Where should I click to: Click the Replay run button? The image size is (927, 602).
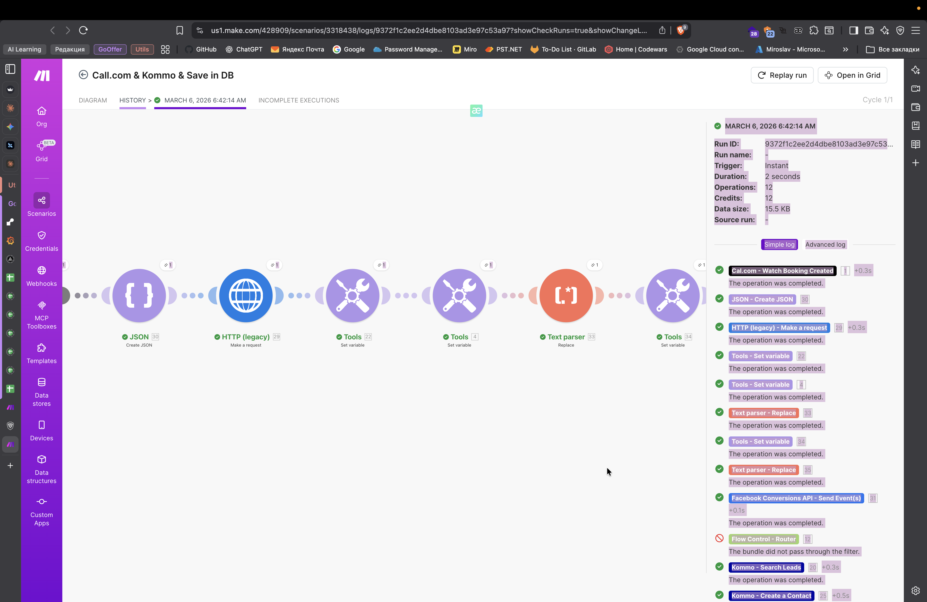pyautogui.click(x=782, y=75)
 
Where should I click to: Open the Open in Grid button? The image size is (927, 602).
pyautogui.click(x=852, y=75)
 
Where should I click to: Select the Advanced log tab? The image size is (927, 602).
pyautogui.click(x=825, y=245)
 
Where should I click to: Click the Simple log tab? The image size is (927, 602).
pyautogui.click(x=779, y=245)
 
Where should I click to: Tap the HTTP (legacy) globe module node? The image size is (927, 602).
pyautogui.click(x=246, y=296)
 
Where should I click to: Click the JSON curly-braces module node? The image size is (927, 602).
pyautogui.click(x=139, y=296)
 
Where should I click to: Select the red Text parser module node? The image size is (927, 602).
pyautogui.click(x=566, y=296)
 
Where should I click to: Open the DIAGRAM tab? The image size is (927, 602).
pyautogui.click(x=93, y=100)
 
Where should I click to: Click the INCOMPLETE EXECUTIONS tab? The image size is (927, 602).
pyautogui.click(x=298, y=100)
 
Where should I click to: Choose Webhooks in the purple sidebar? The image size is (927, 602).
pyautogui.click(x=42, y=276)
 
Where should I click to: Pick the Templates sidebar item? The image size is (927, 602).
pyautogui.click(x=42, y=353)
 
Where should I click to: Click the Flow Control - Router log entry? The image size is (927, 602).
pyautogui.click(x=763, y=539)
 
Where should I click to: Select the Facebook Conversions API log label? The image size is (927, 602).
pyautogui.click(x=796, y=498)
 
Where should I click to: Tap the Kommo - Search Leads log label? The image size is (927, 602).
pyautogui.click(x=766, y=567)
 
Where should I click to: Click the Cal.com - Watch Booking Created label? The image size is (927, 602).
pyautogui.click(x=782, y=271)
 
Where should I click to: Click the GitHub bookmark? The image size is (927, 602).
pyautogui.click(x=201, y=49)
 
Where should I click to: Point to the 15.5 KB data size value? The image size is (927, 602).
pyautogui.click(x=777, y=209)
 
